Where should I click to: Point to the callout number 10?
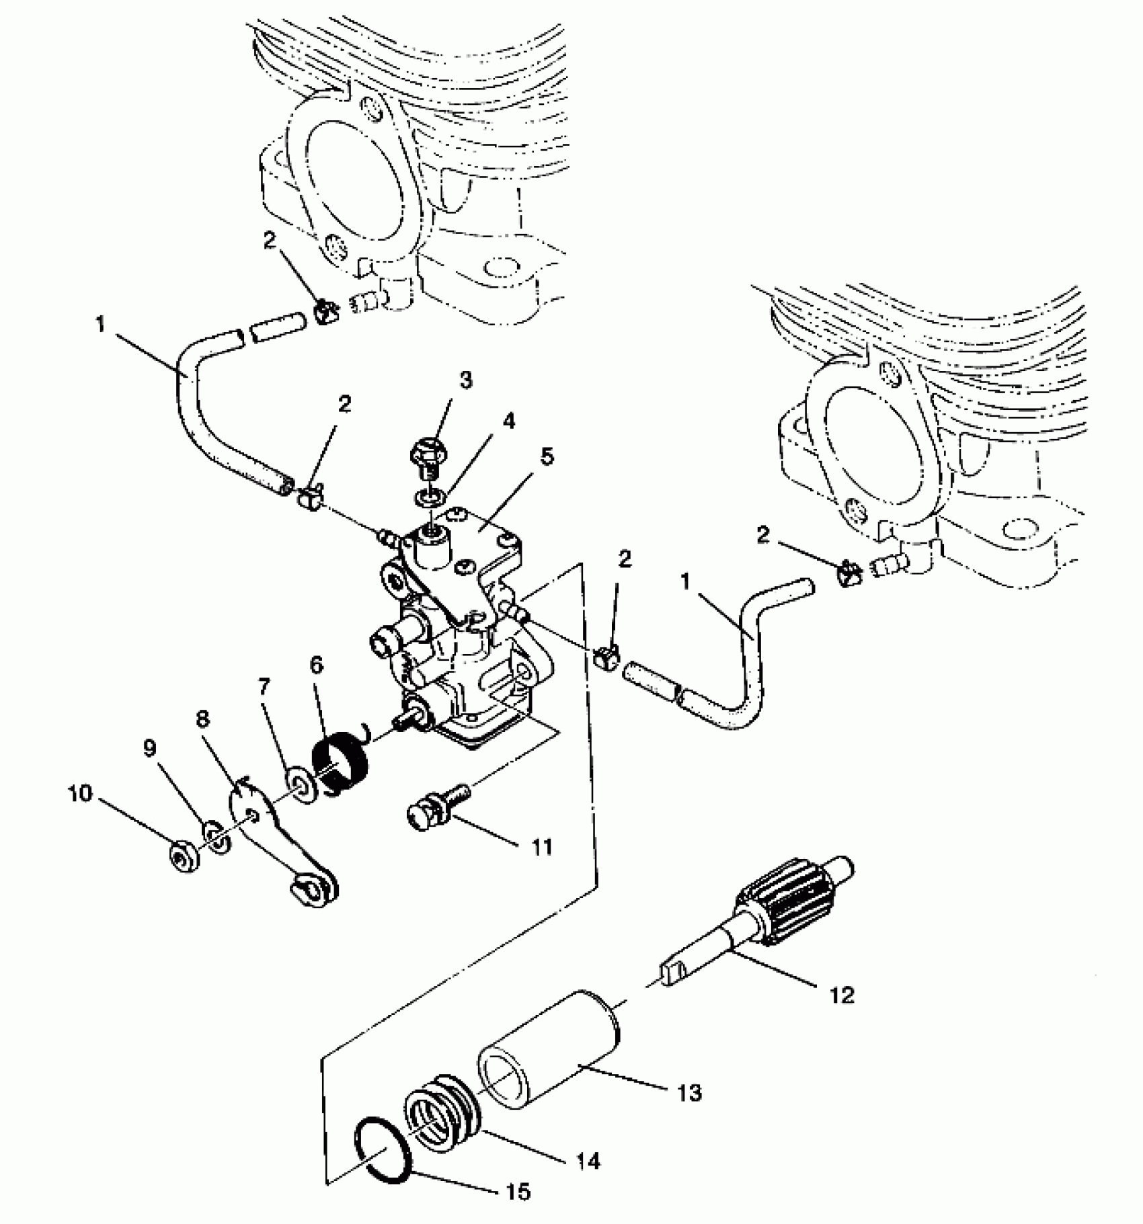[79, 794]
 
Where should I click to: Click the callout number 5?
[547, 457]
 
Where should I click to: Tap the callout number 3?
[465, 380]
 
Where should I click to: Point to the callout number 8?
[202, 719]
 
